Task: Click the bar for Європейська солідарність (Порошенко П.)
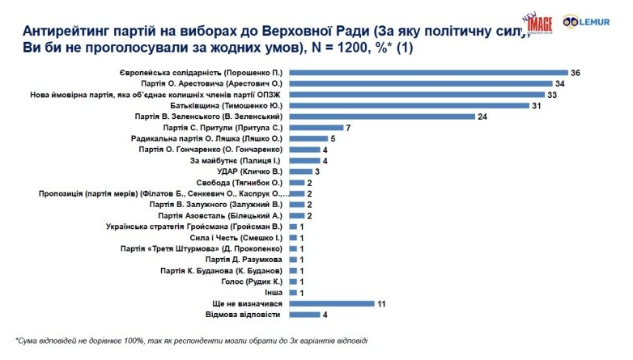click(428, 73)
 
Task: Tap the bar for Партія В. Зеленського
click(382, 116)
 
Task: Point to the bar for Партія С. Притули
click(316, 128)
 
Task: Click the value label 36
click(576, 73)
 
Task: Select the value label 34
click(559, 84)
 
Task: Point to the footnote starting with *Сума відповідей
click(190, 340)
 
